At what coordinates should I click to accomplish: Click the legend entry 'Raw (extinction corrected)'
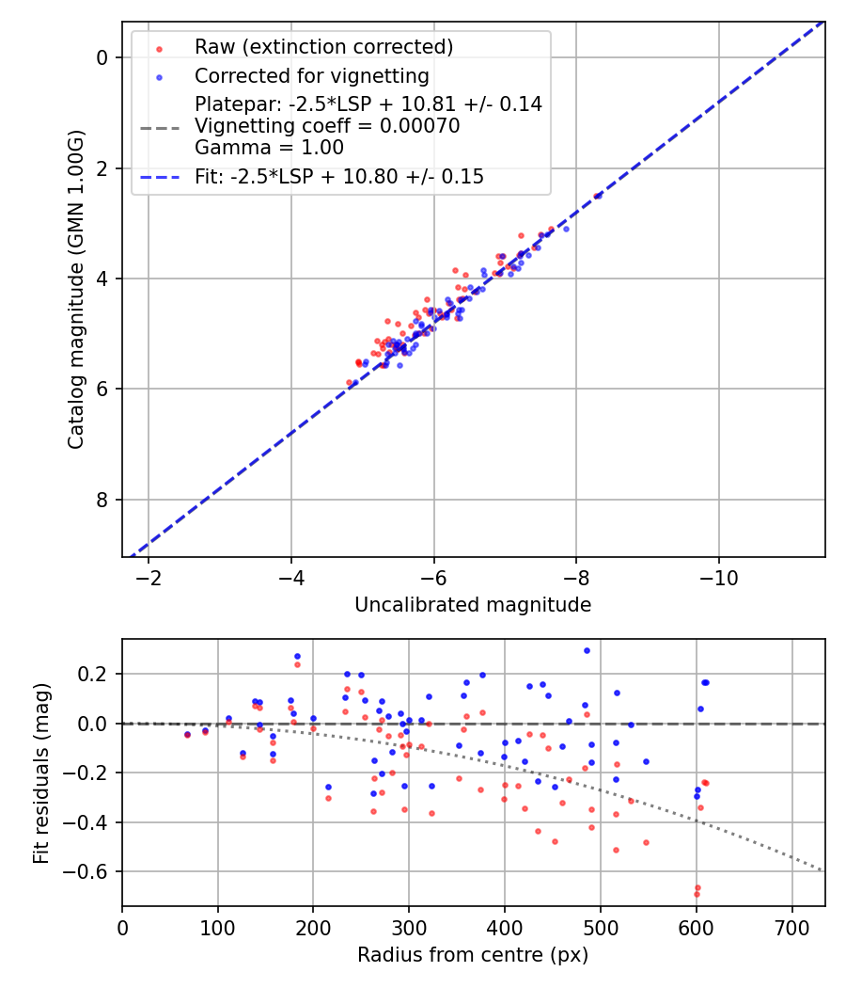[323, 47]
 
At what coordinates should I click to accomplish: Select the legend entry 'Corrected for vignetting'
[311, 76]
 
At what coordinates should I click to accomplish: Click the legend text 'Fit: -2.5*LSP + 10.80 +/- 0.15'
[338, 177]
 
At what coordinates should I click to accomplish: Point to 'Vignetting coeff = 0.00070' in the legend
[327, 126]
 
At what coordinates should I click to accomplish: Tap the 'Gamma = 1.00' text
[269, 148]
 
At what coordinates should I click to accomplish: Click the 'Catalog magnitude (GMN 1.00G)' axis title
[76, 289]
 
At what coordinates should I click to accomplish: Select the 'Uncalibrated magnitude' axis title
[473, 605]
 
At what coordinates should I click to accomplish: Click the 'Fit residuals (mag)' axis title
[40, 773]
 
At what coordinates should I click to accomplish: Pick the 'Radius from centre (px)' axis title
[473, 954]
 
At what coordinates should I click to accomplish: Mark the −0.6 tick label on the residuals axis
[92, 871]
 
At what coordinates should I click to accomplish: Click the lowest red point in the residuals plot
[697, 894]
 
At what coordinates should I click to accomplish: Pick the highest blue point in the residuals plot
[587, 650]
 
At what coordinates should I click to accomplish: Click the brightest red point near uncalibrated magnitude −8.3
[597, 196]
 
